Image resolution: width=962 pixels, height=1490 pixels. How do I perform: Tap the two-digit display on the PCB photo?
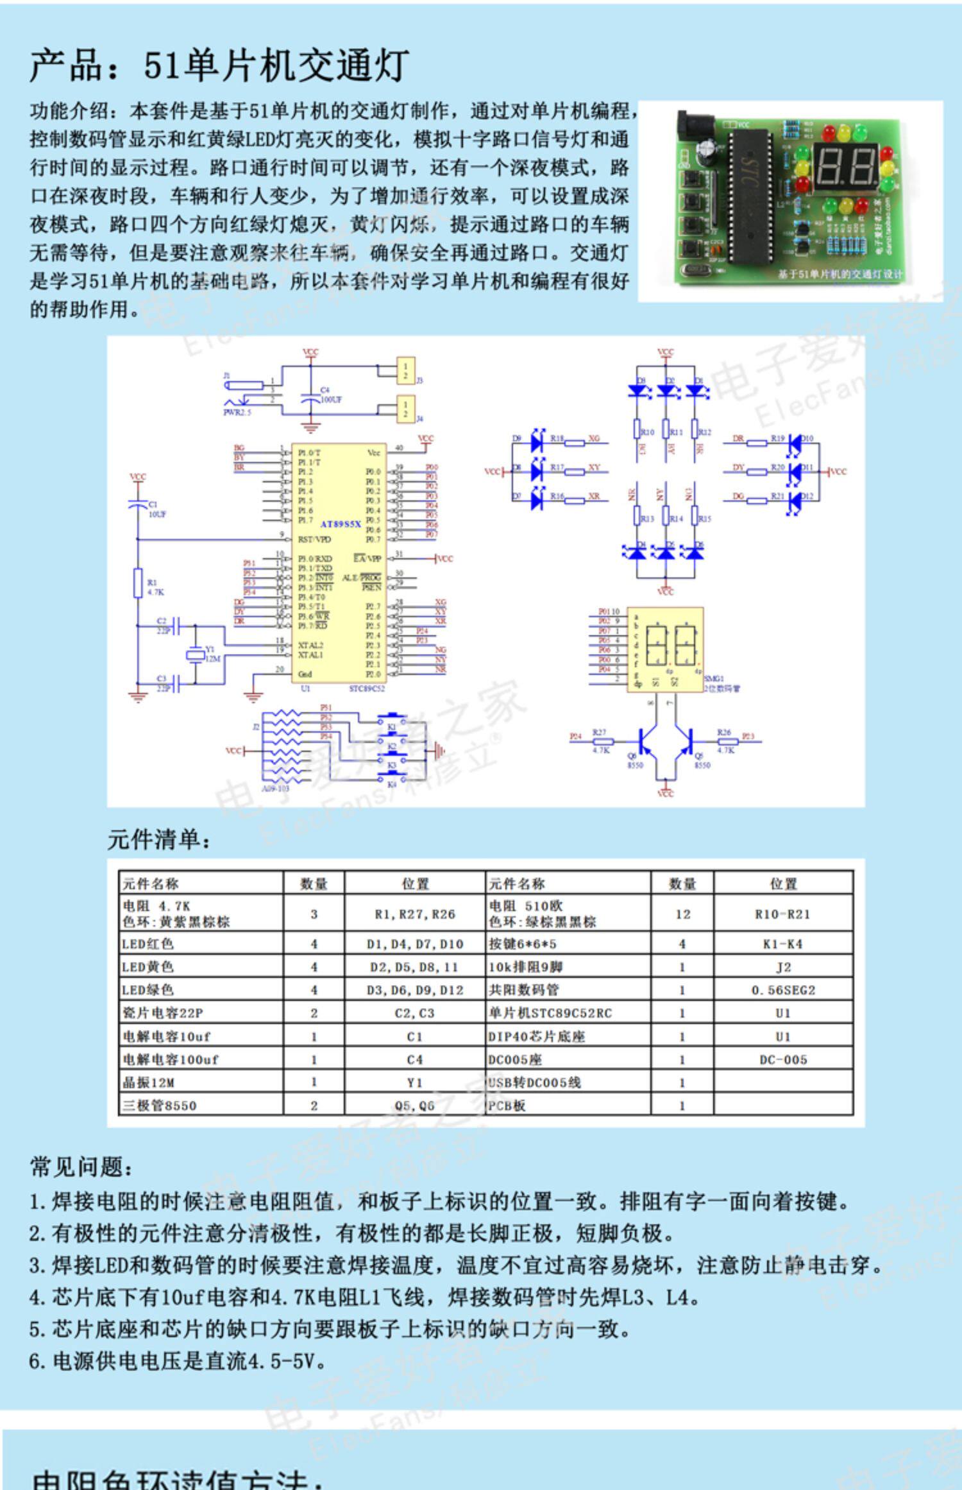(x=845, y=164)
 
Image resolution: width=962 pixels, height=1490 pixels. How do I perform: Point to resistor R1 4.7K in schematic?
(x=137, y=583)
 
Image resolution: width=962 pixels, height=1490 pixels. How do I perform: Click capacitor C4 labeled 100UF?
(x=310, y=398)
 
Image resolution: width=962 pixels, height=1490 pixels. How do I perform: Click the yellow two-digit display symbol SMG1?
(x=665, y=649)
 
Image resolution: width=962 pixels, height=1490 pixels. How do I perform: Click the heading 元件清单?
(x=159, y=839)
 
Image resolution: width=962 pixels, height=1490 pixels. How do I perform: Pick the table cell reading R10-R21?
(x=782, y=914)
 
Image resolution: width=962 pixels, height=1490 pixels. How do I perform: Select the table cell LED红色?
(x=149, y=944)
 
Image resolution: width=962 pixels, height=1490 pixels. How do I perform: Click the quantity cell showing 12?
(x=682, y=914)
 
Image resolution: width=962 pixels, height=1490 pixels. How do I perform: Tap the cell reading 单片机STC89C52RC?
(x=550, y=1013)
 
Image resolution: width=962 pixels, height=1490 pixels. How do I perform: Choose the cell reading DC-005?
(x=783, y=1059)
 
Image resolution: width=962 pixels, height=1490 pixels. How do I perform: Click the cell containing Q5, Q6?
(x=415, y=1106)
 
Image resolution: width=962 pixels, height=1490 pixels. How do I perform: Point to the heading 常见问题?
(x=82, y=1167)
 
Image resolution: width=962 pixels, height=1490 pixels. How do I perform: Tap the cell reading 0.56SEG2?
(x=783, y=990)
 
